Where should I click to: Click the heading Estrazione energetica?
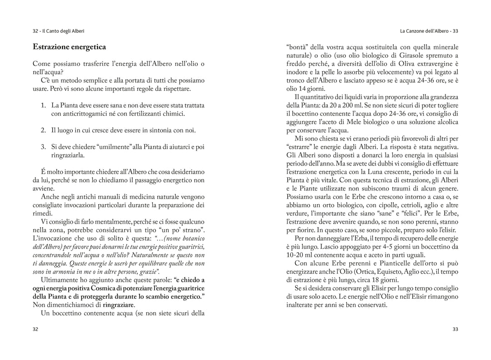(x=69, y=47)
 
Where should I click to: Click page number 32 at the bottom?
(x=35, y=329)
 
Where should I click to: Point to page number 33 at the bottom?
(x=455, y=329)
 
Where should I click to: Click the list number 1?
(x=43, y=105)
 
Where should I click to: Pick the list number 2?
(x=43, y=130)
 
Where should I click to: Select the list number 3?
(x=43, y=146)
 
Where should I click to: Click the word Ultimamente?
(x=60, y=280)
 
